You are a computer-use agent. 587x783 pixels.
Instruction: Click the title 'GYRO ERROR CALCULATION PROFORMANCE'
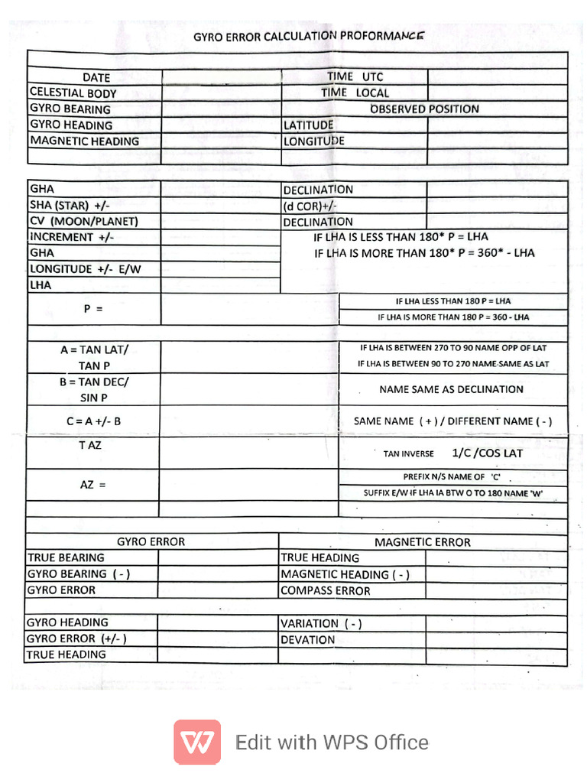click(306, 36)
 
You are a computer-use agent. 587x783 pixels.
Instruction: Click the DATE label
click(96, 77)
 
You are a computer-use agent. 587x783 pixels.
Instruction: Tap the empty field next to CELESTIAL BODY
click(222, 93)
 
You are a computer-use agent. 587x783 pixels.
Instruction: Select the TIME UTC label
click(355, 76)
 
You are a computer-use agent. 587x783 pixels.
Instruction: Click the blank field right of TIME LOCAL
click(497, 93)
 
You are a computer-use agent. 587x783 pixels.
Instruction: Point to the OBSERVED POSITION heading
click(424, 109)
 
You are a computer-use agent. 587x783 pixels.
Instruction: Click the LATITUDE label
click(309, 125)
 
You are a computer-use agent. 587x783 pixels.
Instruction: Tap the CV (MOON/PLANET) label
click(84, 221)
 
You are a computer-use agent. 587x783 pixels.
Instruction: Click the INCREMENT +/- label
click(72, 237)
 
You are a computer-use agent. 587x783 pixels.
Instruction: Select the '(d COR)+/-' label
click(310, 206)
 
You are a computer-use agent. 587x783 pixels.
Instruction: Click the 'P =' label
click(93, 309)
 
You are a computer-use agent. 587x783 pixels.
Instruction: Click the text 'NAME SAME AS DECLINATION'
click(451, 389)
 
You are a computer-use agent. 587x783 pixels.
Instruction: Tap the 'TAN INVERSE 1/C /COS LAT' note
click(452, 453)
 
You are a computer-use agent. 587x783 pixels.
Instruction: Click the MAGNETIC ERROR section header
click(422, 542)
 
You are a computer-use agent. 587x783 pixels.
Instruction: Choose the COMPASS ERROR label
click(326, 590)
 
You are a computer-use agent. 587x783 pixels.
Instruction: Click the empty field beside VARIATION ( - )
click(496, 623)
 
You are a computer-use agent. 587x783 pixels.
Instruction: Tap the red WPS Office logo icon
click(197, 742)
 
